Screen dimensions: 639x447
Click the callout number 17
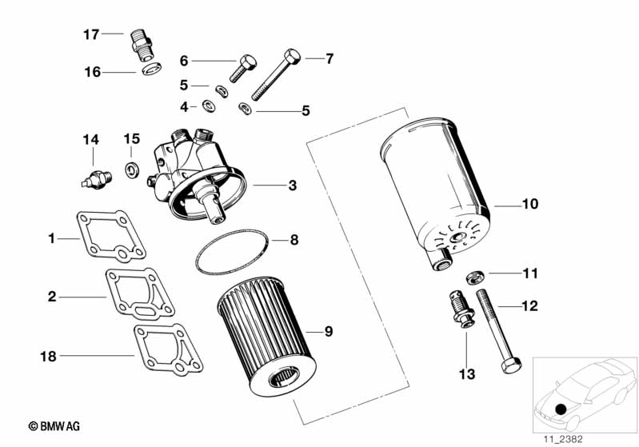tap(91, 34)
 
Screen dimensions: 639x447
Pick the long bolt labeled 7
tap(275, 75)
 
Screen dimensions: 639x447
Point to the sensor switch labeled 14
tap(96, 180)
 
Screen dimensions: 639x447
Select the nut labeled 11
tap(475, 277)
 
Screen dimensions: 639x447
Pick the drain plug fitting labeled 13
tap(461, 309)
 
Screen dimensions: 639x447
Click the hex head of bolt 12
tap(510, 365)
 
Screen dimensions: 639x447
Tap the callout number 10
tap(529, 204)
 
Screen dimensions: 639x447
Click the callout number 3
tap(292, 186)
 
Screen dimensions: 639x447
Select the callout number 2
tap(52, 297)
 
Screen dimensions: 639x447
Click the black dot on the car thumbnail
tap(561, 409)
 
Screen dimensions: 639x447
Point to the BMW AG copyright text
tap(54, 427)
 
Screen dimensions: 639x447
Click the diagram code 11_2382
tap(563, 439)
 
